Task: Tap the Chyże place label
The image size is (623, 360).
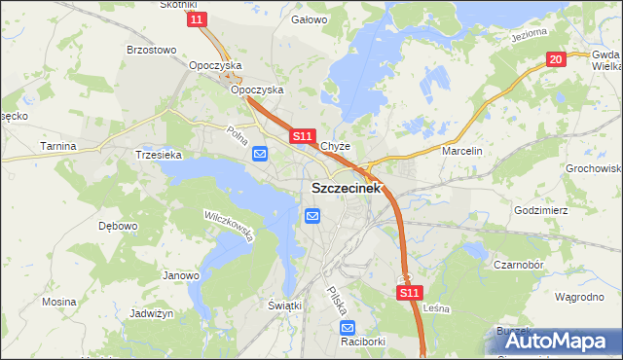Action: (x=336, y=148)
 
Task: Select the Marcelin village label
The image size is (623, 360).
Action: (x=462, y=152)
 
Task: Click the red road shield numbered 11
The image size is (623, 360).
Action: (x=199, y=19)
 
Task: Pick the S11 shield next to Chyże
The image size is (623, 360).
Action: (x=303, y=137)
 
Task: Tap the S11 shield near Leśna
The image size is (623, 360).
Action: (x=410, y=291)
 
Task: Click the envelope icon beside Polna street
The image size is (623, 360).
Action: (x=261, y=154)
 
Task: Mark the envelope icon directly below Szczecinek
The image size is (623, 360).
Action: (x=312, y=216)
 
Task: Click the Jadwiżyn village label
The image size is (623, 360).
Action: (x=151, y=314)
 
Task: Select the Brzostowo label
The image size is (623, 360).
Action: (x=151, y=49)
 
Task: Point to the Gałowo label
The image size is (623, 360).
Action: (x=309, y=18)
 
